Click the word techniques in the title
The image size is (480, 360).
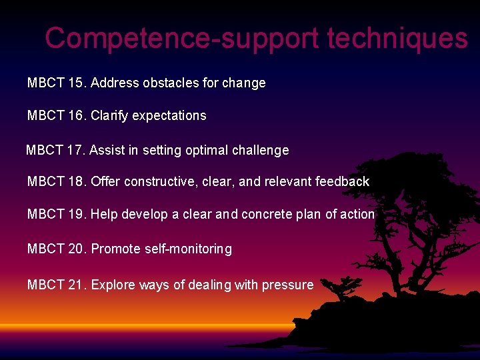(397, 39)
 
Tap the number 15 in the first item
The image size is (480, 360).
(76, 83)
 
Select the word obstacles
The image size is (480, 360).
(167, 83)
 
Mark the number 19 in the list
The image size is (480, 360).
(76, 215)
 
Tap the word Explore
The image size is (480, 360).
(113, 285)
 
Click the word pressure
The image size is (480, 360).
(287, 285)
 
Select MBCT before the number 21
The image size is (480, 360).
(45, 285)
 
